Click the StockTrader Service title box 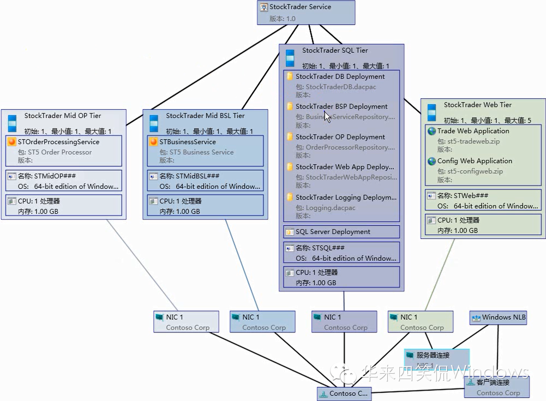pos(306,12)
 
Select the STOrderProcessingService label pos(58,142)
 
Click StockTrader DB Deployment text pos(340,77)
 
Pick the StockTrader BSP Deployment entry pos(341,107)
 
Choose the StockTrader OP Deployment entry pos(340,137)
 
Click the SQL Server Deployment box pos(341,232)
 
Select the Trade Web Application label pos(473,131)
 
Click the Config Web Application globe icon pos(431,161)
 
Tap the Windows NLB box pos(499,318)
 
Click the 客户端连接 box pos(497,387)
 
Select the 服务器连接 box pos(436,356)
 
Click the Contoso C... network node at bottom pos(344,393)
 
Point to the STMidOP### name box pos(63,181)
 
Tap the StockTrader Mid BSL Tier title pos(205,116)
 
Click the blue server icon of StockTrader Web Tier pos(431,112)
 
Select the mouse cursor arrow pos(327,116)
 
